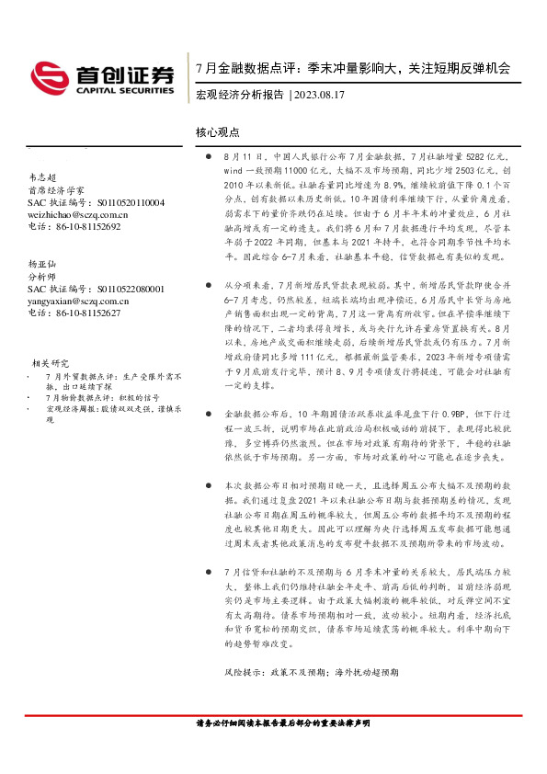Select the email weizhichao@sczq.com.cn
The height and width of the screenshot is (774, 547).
[x=78, y=214]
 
